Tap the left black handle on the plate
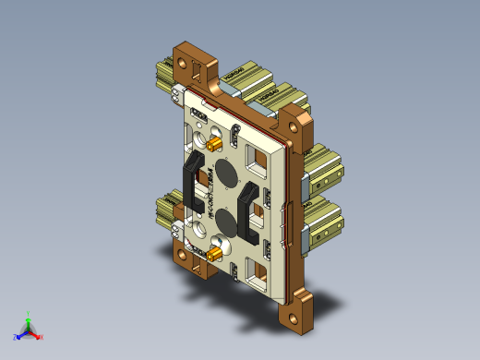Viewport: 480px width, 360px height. (x=191, y=180)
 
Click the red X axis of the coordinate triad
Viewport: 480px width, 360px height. (x=38, y=335)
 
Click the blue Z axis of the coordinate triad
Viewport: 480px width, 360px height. (x=18, y=336)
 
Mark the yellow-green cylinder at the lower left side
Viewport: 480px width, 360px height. (x=166, y=209)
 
